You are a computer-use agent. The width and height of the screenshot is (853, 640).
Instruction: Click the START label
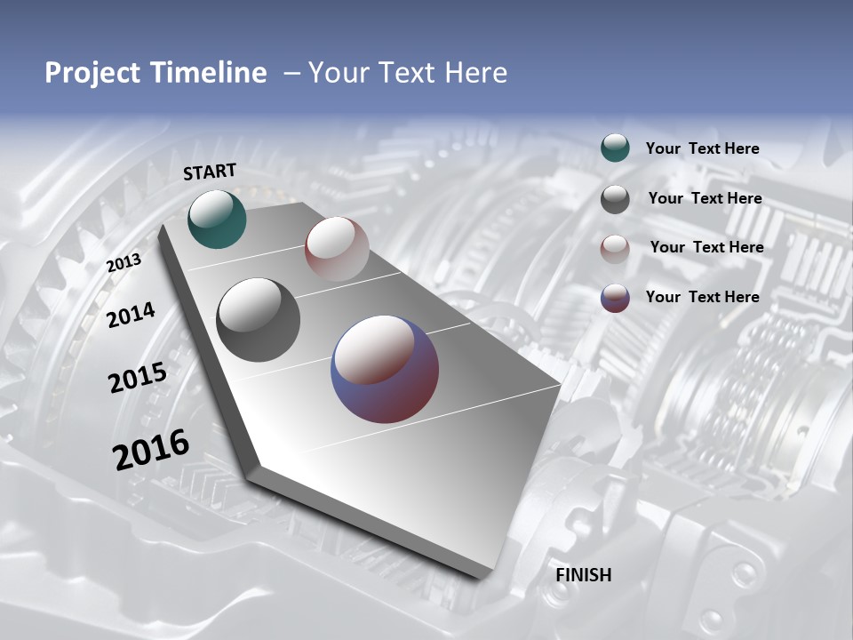point(210,172)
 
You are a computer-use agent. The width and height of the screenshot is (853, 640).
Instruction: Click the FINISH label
point(584,575)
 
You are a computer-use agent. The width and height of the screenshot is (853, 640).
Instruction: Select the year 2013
point(124,262)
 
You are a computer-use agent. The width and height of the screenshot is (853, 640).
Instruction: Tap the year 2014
point(132,315)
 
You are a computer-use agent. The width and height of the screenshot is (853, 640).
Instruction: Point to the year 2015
point(138,378)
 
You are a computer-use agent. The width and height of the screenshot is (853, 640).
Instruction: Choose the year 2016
point(151,449)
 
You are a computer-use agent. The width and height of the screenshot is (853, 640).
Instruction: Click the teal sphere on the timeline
point(217,219)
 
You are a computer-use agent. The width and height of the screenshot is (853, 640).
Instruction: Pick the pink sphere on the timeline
point(337,248)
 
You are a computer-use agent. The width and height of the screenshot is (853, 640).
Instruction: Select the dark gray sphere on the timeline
point(258,319)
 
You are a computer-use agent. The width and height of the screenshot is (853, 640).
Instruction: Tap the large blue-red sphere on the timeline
point(385,368)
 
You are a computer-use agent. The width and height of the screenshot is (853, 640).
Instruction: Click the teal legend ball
point(615,148)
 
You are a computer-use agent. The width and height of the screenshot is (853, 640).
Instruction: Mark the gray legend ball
point(615,199)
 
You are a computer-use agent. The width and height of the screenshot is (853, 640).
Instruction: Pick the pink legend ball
point(615,248)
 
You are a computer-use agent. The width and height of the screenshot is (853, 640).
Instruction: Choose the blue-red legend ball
point(615,298)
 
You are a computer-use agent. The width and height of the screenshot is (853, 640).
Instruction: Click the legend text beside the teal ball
point(702,149)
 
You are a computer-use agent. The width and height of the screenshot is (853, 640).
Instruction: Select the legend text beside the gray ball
point(705,198)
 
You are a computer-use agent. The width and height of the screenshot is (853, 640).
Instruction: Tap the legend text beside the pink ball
point(706,247)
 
